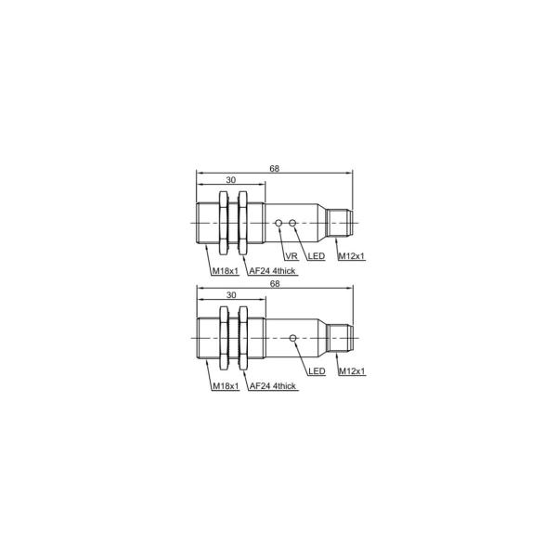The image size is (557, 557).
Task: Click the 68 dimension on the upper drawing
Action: point(275,169)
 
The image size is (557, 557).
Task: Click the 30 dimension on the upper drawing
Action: point(231,182)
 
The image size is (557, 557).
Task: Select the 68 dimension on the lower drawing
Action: point(275,283)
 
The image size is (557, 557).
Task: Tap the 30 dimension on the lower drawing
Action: point(231,297)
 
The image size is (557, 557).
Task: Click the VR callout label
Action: point(290,255)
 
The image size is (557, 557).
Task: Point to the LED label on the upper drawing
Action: point(316,255)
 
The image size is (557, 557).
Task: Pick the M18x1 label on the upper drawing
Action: point(226,270)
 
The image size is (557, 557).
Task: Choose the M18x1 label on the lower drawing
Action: point(226,385)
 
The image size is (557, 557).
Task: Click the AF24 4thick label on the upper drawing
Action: point(273,270)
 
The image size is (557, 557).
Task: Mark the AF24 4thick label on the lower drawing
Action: point(273,385)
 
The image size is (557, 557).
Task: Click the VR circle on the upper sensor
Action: point(280,224)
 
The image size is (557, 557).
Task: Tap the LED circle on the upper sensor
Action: point(294,224)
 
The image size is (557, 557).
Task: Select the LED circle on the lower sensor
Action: point(294,339)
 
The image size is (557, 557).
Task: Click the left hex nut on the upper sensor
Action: point(224,225)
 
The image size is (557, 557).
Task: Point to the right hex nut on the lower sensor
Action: point(245,339)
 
